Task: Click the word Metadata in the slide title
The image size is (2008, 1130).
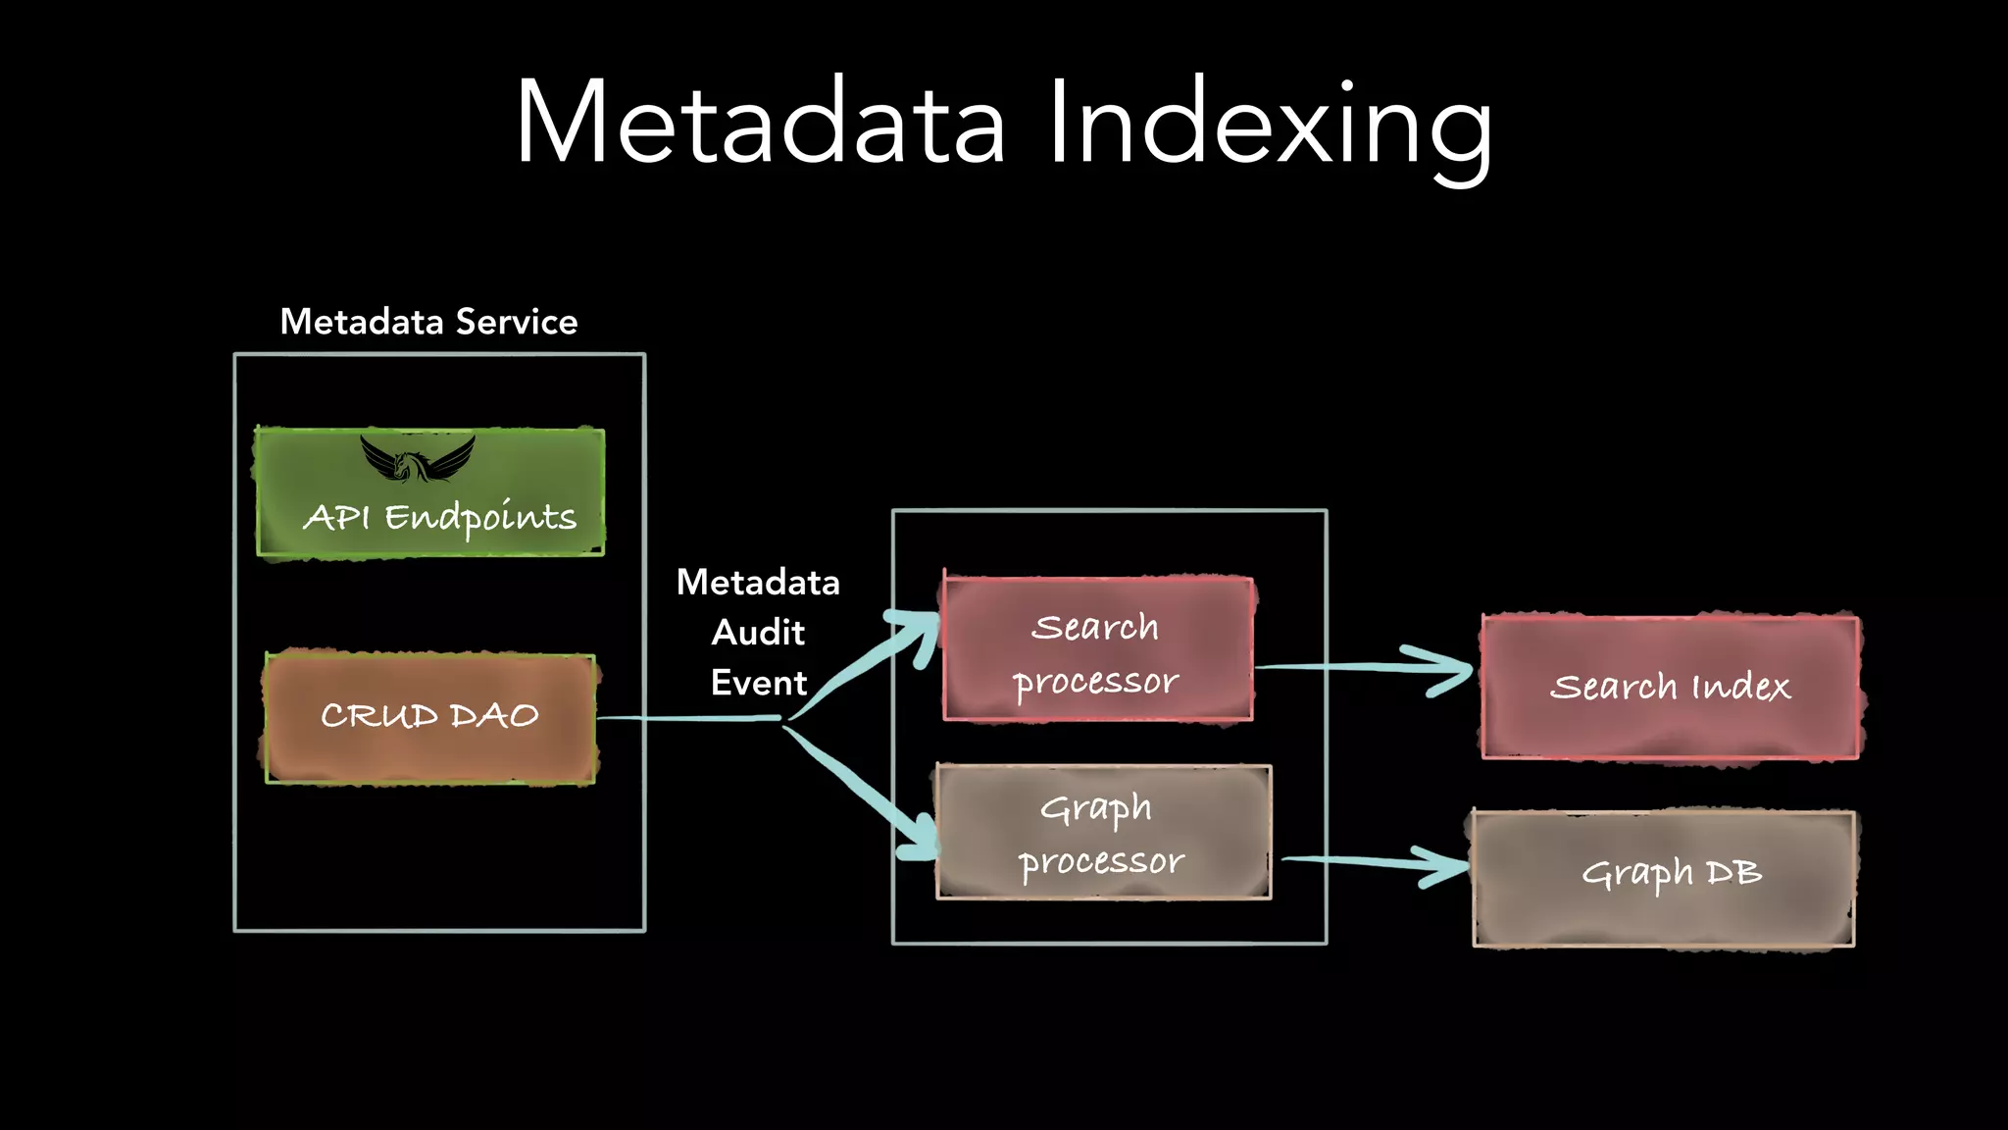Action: pyautogui.click(x=760, y=123)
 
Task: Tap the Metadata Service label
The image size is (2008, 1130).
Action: pyautogui.click(x=428, y=322)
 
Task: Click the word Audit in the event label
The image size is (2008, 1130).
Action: pyautogui.click(x=758, y=632)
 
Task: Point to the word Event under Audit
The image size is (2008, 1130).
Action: pyautogui.click(x=758, y=683)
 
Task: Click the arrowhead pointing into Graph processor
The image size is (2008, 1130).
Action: pyautogui.click(x=922, y=839)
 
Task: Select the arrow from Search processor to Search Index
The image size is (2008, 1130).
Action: pyautogui.click(x=1363, y=667)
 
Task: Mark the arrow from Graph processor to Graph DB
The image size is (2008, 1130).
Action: pyautogui.click(x=1373, y=861)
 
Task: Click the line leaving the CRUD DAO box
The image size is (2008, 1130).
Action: pyautogui.click(x=686, y=718)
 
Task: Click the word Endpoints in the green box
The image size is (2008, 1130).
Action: pyautogui.click(x=480, y=517)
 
